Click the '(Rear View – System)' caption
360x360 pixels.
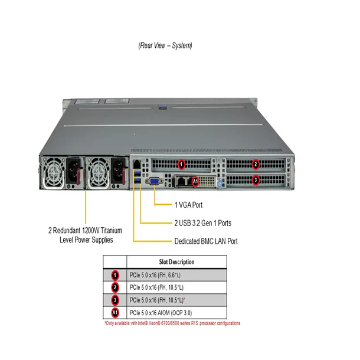pos(165,45)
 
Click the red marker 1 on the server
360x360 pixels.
pos(182,163)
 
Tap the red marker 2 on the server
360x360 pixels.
pos(256,163)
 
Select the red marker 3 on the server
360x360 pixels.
pos(256,179)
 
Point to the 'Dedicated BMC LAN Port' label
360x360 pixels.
pos(206,241)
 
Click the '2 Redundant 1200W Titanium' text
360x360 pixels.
pos(86,230)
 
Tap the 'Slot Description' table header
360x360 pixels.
pos(178,262)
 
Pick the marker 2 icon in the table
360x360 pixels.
pos(116,287)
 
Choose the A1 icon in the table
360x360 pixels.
pos(116,312)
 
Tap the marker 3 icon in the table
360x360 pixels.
pos(116,300)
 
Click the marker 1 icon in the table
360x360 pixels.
pos(116,275)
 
